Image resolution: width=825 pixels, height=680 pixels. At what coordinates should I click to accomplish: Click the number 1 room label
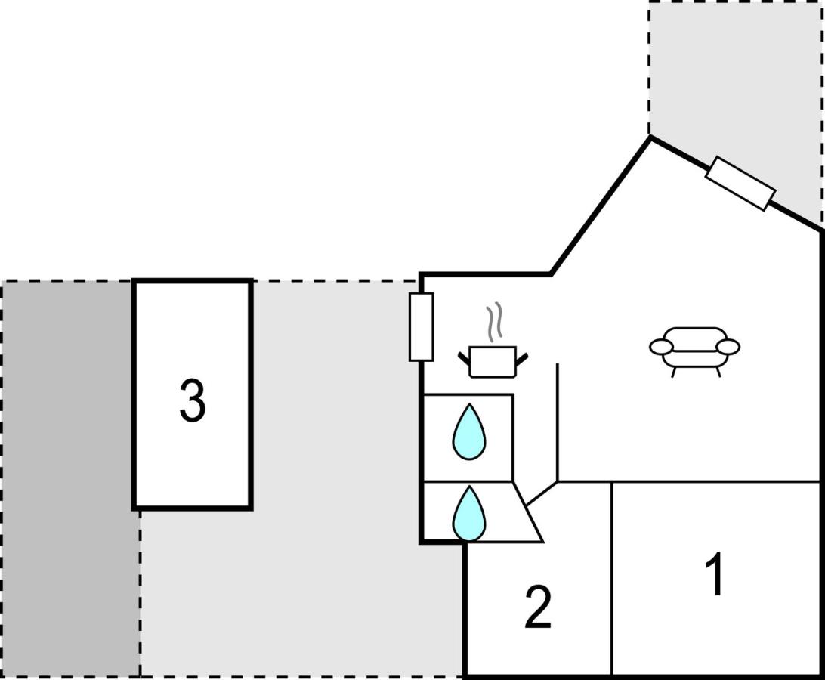[x=715, y=573]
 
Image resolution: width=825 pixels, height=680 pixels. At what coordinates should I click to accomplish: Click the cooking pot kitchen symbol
[x=493, y=362]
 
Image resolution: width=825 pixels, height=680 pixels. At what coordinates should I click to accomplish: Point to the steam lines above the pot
[x=493, y=322]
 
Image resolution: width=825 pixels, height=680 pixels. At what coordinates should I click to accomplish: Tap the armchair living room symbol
[x=695, y=351]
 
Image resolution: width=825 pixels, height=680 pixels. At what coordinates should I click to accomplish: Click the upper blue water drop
[x=469, y=432]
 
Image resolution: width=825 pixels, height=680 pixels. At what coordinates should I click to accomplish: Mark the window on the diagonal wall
[x=740, y=184]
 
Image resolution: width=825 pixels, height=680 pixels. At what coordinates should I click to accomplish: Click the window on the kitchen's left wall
[x=421, y=327]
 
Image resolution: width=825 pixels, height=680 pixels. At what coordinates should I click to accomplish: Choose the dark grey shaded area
[x=70, y=479]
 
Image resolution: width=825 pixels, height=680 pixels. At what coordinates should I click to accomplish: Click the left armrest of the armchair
[x=661, y=347]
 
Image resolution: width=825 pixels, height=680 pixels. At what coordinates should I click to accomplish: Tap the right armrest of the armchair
[x=729, y=347]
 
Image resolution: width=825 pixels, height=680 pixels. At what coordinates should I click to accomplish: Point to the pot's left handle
[x=464, y=358]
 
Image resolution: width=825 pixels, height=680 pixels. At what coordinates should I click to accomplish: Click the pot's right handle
[x=521, y=358]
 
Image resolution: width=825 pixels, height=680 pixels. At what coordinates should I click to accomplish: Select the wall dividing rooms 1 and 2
[x=612, y=578]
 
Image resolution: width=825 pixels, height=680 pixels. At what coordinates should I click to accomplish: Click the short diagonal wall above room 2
[x=542, y=493]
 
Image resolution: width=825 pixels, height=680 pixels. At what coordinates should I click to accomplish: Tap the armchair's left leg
[x=673, y=372]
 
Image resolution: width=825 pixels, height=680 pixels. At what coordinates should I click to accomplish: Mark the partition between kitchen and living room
[x=558, y=422]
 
